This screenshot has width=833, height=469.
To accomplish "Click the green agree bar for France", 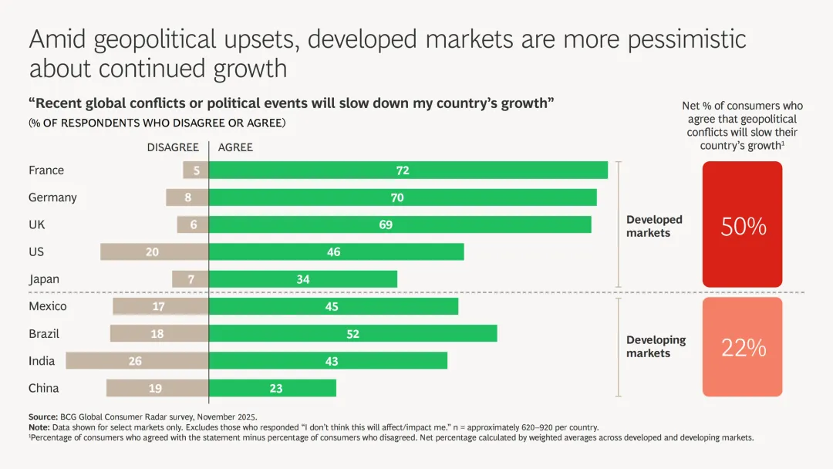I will click(408, 170).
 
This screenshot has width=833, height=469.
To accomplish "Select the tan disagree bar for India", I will click(137, 361).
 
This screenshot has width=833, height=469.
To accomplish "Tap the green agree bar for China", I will click(272, 388).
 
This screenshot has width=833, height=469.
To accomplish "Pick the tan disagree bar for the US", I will click(154, 252).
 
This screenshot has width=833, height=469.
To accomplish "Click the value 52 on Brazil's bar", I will click(352, 334).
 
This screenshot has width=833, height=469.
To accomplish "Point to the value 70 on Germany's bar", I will click(397, 197).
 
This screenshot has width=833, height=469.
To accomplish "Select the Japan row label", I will click(44, 279).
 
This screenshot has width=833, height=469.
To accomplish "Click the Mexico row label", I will click(48, 306).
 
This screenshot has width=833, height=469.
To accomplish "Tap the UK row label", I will click(36, 224).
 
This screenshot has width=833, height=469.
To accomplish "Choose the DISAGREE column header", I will click(173, 147).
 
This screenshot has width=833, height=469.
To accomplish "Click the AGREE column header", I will click(235, 147).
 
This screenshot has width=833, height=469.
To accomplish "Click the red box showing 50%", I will click(743, 225).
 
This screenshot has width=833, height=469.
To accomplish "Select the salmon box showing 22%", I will click(743, 347).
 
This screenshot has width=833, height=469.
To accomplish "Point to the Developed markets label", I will click(654, 226).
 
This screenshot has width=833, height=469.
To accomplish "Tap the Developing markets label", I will click(656, 346).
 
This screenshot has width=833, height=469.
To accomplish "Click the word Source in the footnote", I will click(42, 417).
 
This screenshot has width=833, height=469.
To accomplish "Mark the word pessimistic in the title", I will click(687, 39).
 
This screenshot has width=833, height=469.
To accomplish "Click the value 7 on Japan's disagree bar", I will click(191, 279).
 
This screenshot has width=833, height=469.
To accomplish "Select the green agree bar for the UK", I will click(400, 224).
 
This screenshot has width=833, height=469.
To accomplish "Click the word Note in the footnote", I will click(39, 427).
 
